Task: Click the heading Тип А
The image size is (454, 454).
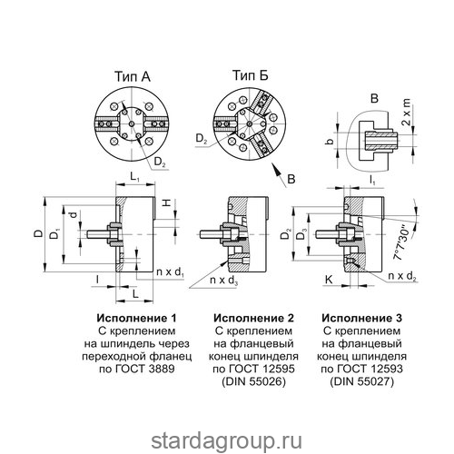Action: [x=133, y=76]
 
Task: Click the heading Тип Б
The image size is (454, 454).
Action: [x=251, y=75]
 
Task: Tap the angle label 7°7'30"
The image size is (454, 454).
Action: [x=403, y=242]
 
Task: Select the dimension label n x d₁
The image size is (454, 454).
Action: [x=171, y=272]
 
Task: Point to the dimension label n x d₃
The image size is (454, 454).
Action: [x=224, y=281]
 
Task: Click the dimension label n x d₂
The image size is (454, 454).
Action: [x=402, y=276]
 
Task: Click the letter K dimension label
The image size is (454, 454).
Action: [x=329, y=280]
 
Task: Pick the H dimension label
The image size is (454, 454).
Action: [x=166, y=203]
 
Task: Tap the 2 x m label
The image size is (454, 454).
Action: [x=407, y=112]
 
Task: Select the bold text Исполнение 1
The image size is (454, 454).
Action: [x=136, y=318]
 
